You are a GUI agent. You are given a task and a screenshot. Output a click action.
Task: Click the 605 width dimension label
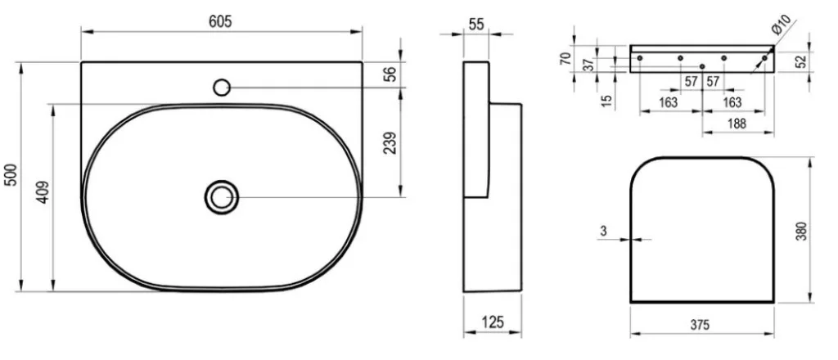pos(220,21)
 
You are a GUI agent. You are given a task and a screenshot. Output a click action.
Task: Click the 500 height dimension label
pos(11,174)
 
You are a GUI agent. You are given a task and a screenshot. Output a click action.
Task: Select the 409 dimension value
pos(43,192)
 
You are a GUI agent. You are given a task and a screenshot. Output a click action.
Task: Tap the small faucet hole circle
pos(222,87)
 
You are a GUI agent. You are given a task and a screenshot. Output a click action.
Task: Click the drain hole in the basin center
pos(221,197)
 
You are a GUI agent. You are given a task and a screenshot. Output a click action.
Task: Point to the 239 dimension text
pos(390,143)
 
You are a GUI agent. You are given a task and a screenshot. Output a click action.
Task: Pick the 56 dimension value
pos(390,74)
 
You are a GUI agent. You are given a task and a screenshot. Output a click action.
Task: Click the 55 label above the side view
pos(475,23)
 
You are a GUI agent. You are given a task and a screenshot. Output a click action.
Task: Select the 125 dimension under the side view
pos(492,322)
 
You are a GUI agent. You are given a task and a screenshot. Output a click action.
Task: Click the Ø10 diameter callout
pos(781,25)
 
